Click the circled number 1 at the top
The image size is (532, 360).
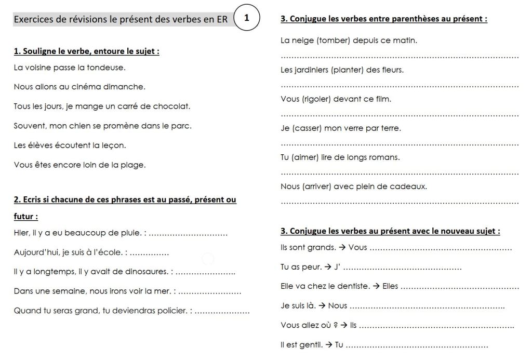coord(246,18)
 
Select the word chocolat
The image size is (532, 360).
coord(171,106)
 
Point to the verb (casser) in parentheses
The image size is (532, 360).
coord(305,128)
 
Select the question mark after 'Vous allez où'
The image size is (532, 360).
coord(336,325)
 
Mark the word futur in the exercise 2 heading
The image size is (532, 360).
coord(24,216)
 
